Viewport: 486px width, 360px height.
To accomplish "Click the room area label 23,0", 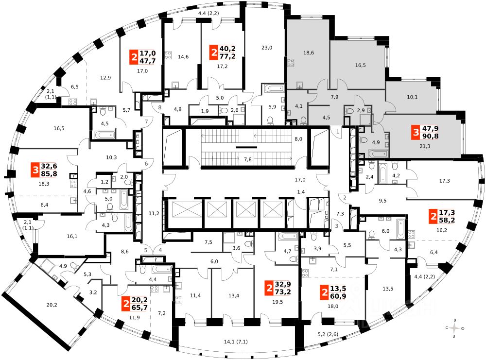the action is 267,48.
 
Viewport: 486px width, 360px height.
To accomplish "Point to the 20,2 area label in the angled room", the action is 52,306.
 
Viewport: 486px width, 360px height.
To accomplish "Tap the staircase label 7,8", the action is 247,160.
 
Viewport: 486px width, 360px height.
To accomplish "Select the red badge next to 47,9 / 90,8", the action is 415,132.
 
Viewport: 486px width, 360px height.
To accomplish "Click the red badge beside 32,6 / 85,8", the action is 36,170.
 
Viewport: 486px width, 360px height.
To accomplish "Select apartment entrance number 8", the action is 159,107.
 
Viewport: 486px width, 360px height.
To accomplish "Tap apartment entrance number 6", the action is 145,164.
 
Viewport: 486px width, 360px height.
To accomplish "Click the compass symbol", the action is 454,328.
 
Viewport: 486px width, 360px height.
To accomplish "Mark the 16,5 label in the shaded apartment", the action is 360,64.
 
